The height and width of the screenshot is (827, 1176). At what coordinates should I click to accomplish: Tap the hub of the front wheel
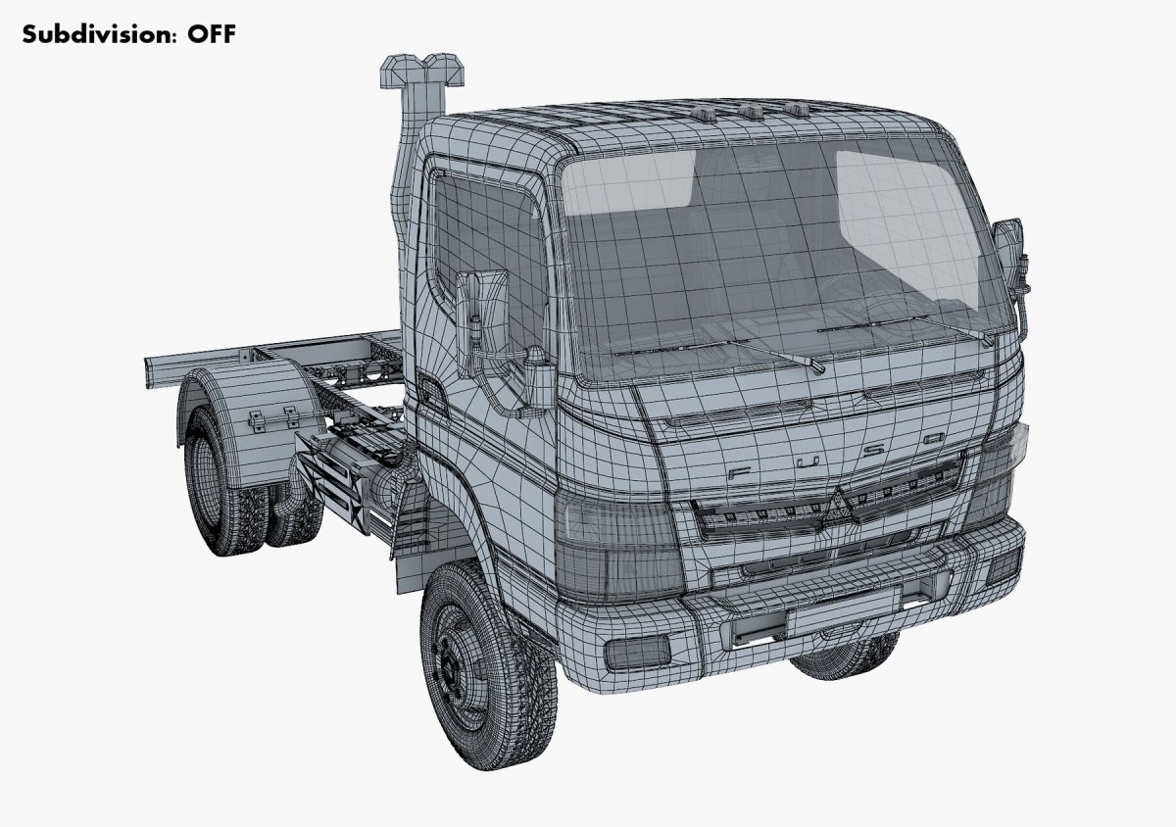tap(454, 665)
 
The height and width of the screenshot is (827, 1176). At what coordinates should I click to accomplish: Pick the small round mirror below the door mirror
tap(537, 377)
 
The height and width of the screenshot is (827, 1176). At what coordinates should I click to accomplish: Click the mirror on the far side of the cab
tap(1007, 250)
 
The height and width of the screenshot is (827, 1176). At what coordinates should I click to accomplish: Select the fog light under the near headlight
tap(636, 650)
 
